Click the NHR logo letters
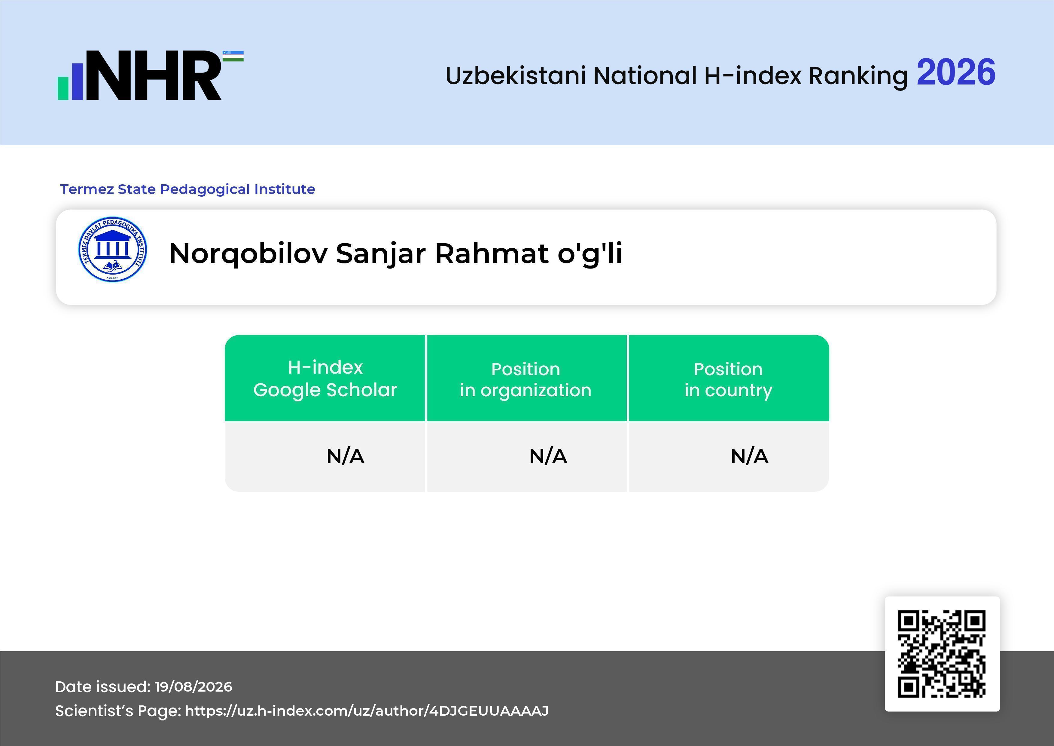pyautogui.click(x=154, y=75)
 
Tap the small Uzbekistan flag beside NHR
pyautogui.click(x=233, y=56)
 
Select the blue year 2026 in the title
pyautogui.click(x=956, y=72)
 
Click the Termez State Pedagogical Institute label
pyautogui.click(x=187, y=189)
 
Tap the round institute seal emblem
pyautogui.click(x=112, y=249)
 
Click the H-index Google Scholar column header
pyautogui.click(x=325, y=379)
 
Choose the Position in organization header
pyautogui.click(x=525, y=379)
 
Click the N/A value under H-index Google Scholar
pyautogui.click(x=345, y=456)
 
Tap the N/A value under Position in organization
pyautogui.click(x=548, y=456)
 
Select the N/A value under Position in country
pyautogui.click(x=749, y=456)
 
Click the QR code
pyautogui.click(x=942, y=654)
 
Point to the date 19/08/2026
pyautogui.click(x=193, y=687)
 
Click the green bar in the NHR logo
pyautogui.click(x=63, y=88)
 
